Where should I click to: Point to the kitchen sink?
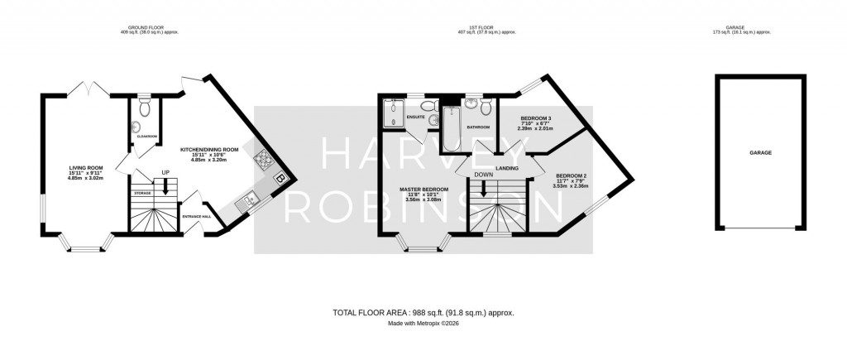247,199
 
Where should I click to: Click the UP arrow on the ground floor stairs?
165,184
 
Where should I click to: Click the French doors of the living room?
88,89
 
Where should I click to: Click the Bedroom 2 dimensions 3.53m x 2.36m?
571,186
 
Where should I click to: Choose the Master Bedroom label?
423,190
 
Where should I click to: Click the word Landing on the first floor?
507,168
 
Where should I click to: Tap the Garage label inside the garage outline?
760,153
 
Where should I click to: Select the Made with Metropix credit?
423,324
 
